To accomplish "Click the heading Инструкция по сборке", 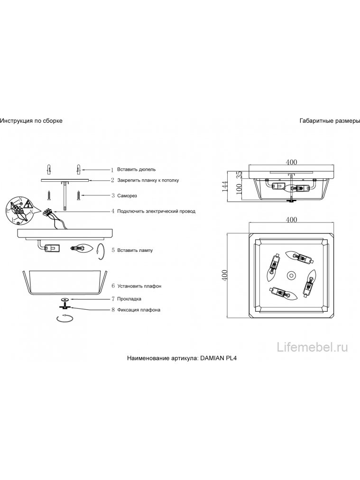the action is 31,120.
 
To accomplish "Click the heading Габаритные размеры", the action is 330,120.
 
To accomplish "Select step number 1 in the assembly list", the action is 112,170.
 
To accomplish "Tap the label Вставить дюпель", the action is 137,169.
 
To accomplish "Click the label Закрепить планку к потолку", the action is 148,180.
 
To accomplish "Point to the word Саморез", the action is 127,195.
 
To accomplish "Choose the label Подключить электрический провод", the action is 156,211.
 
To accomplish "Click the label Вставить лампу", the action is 135,250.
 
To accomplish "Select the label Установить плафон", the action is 139,286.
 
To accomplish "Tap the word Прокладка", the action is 129,299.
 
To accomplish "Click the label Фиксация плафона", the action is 138,310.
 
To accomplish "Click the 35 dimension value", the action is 240,175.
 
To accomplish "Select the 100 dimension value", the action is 240,189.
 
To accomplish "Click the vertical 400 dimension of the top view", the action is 225,276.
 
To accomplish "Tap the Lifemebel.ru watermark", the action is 312,348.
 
